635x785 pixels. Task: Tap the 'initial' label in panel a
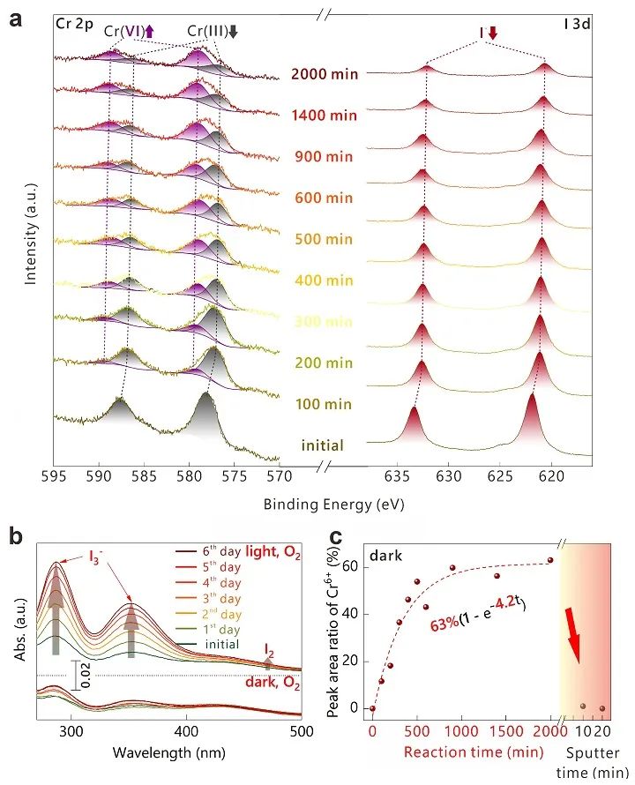(x=320, y=445)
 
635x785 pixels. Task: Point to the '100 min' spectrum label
(x=325, y=404)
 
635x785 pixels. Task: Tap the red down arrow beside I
(x=493, y=33)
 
